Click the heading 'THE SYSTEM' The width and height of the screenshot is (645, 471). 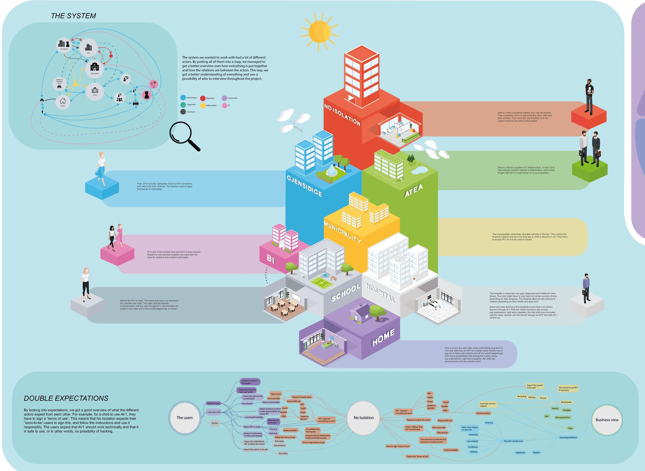click(73, 16)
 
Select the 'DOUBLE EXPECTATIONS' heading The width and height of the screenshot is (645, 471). click(66, 398)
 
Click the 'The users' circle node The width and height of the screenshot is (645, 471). click(185, 418)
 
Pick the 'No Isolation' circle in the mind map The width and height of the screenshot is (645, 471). click(364, 418)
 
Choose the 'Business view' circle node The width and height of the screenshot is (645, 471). click(607, 420)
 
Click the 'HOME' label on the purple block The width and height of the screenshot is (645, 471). click(383, 337)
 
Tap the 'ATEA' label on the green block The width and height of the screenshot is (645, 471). click(413, 191)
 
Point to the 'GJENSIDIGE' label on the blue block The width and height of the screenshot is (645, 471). click(304, 186)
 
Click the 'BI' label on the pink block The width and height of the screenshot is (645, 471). click(270, 259)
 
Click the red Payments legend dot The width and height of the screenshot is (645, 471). click(203, 99)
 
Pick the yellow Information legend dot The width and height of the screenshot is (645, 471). click(203, 105)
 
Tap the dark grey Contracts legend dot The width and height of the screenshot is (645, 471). click(183, 112)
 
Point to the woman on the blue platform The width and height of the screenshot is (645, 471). click(101, 168)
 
